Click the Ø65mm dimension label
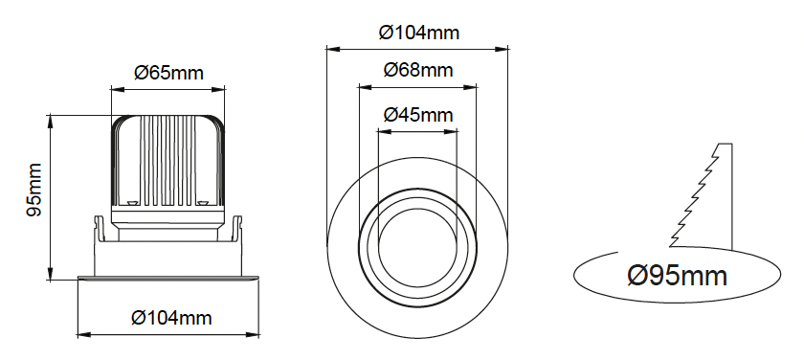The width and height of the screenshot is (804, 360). coord(168,73)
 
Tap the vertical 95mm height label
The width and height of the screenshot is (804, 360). coord(34,190)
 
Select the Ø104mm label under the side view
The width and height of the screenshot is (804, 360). coord(171,318)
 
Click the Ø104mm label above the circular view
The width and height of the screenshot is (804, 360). coord(419,33)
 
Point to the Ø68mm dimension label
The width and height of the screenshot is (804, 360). coord(418,70)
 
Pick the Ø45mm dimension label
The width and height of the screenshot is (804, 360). coord(418,115)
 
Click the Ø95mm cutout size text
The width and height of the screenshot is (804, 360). coord(677,276)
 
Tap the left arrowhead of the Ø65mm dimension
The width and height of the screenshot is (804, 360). coord(118,90)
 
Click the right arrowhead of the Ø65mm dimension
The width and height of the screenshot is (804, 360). coord(218,90)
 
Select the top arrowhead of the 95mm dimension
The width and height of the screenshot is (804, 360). coord(50,122)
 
